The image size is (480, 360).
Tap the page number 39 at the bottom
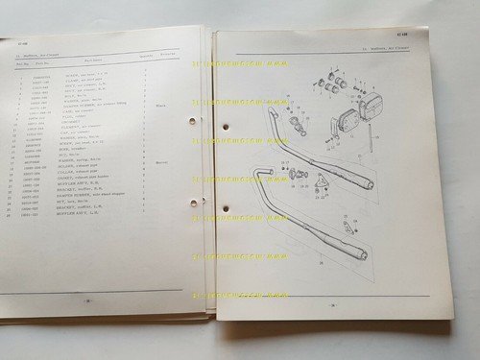(335, 304)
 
